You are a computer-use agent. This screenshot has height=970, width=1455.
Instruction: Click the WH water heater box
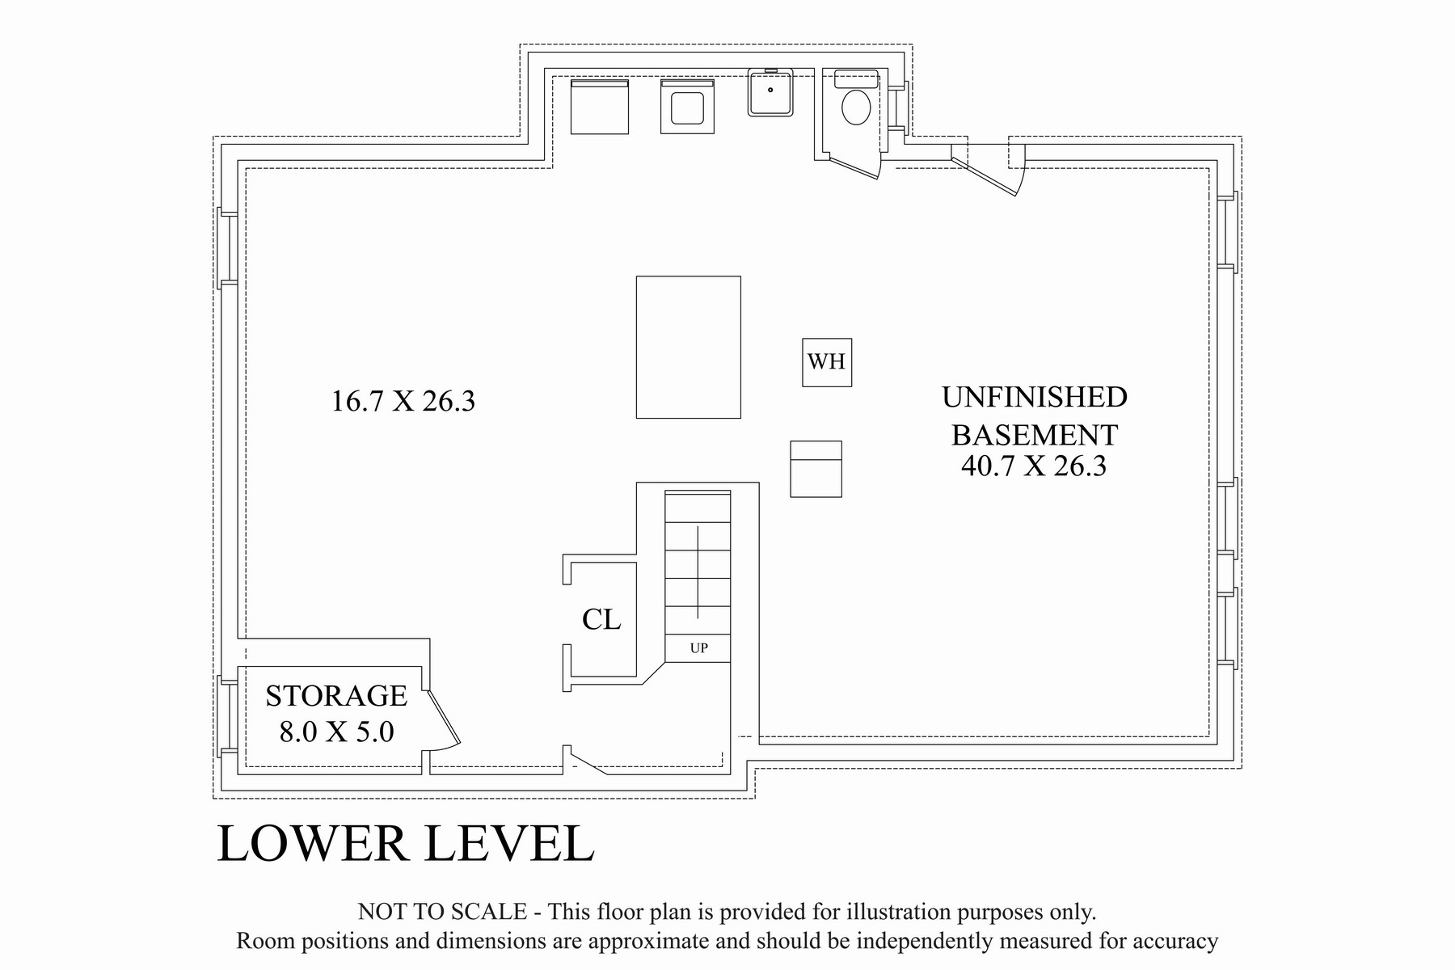[827, 362]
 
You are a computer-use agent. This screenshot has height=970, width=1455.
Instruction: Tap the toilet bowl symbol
[856, 108]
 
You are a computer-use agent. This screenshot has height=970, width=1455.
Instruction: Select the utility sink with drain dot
[770, 92]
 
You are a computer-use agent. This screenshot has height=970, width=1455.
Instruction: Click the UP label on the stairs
[699, 648]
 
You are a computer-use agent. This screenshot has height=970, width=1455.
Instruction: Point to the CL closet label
[601, 619]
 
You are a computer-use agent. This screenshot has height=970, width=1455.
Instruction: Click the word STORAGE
[336, 696]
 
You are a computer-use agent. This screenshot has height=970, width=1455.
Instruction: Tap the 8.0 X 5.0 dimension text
[336, 732]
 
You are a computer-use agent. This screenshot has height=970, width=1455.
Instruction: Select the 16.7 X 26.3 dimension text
[403, 401]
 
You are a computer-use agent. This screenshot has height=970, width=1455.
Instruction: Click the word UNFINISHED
[1035, 397]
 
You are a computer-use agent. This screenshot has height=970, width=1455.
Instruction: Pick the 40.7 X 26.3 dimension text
[1034, 466]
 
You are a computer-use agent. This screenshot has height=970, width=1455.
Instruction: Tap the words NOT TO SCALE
[442, 912]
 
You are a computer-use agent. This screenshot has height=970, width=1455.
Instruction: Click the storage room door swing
[443, 719]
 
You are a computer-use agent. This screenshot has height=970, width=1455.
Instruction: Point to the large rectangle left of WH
[689, 348]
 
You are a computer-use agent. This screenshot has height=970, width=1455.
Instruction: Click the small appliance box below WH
[816, 469]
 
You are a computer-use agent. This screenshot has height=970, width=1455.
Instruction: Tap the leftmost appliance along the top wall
[600, 106]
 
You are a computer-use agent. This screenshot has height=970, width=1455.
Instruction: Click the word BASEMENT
[1035, 435]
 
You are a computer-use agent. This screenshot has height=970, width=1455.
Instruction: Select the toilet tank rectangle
[856, 79]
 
